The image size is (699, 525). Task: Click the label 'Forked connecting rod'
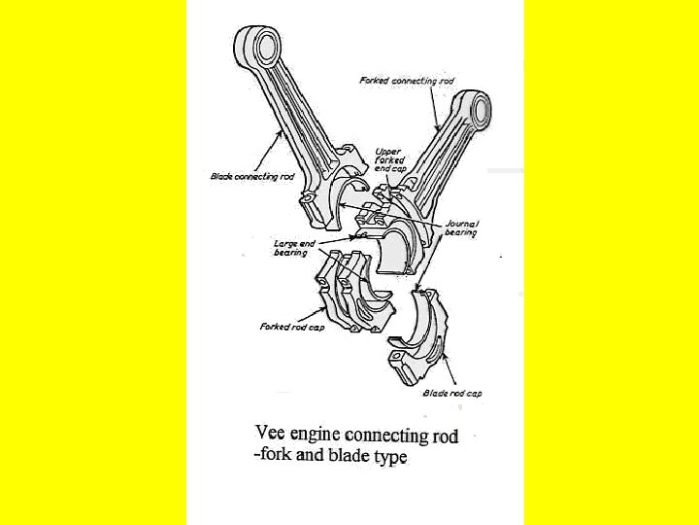pos(408,80)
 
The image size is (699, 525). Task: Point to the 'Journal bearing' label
pos(461,228)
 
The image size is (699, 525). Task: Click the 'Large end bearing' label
pos(290,247)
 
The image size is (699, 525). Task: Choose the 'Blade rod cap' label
pos(452,393)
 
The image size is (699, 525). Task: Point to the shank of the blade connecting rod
pos(290,107)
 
